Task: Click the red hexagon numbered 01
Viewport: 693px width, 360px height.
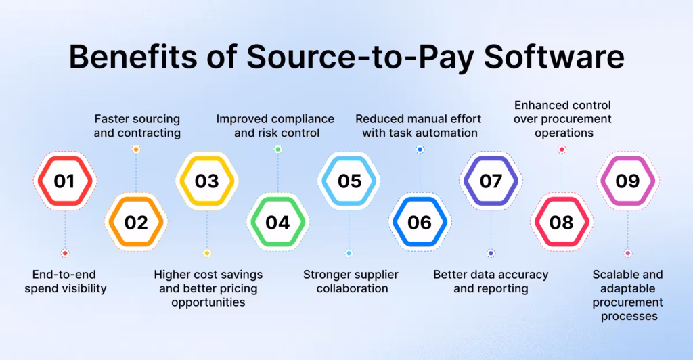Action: pyautogui.click(x=65, y=181)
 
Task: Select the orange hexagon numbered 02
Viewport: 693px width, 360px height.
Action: pyautogui.click(x=136, y=222)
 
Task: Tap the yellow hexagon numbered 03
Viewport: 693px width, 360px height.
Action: pyautogui.click(x=207, y=181)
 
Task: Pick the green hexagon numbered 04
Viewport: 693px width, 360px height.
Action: pyautogui.click(x=277, y=222)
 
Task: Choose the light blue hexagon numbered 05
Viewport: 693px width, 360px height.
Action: pyautogui.click(x=349, y=181)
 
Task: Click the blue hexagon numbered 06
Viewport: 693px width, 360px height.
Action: pyautogui.click(x=420, y=222)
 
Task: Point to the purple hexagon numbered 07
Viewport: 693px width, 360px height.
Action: pyautogui.click(x=491, y=181)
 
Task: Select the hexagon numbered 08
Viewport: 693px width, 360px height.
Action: pyautogui.click(x=561, y=222)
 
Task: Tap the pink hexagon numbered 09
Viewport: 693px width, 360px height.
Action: pyautogui.click(x=628, y=181)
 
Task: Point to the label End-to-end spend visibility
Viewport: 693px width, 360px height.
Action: pyautogui.click(x=65, y=282)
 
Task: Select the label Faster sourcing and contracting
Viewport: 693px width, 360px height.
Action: pyautogui.click(x=137, y=126)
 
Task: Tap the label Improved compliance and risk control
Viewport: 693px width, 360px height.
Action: pyautogui.click(x=277, y=126)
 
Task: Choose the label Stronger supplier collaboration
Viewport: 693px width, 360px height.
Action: pyautogui.click(x=350, y=282)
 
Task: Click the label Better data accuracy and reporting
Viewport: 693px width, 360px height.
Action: pyautogui.click(x=491, y=282)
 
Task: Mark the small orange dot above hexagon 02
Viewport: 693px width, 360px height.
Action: pyautogui.click(x=136, y=149)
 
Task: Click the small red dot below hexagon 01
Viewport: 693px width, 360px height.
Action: pyautogui.click(x=65, y=253)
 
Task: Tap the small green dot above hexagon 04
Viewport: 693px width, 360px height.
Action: pyautogui.click(x=277, y=149)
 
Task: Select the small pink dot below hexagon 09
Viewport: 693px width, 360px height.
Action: pyautogui.click(x=628, y=253)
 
